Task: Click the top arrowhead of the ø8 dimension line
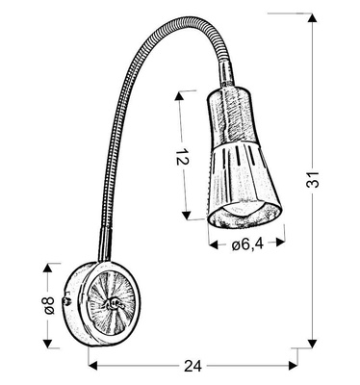(49, 266)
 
